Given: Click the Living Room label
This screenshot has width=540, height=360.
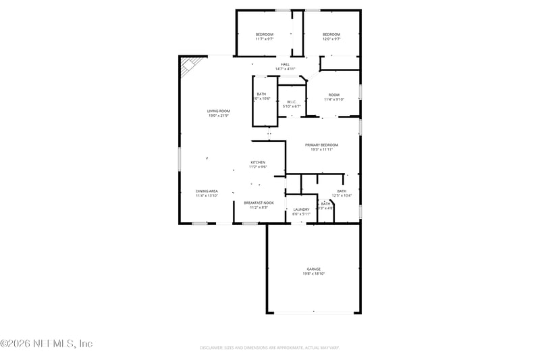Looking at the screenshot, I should click(x=218, y=111).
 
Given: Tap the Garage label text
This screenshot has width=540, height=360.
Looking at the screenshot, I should click(x=313, y=269).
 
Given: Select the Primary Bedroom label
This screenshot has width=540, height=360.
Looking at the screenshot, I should click(x=321, y=145).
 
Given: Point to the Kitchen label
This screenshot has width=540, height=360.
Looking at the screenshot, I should click(x=258, y=162).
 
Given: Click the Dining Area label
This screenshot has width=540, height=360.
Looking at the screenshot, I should click(x=207, y=191).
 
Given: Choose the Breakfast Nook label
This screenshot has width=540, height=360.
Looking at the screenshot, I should click(x=259, y=203).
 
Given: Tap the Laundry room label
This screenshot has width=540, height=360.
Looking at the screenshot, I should click(x=301, y=209).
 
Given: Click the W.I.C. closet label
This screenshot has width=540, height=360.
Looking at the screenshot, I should click(x=292, y=102).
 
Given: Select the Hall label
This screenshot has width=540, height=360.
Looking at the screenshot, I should click(x=285, y=64).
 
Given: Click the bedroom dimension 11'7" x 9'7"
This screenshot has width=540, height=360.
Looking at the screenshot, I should click(x=264, y=39).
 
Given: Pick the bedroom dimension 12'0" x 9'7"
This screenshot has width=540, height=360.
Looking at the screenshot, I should click(x=331, y=39).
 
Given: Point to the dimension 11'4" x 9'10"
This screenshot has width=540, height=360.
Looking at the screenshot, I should click(x=334, y=99).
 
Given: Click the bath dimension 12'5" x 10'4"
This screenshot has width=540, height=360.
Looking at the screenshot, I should click(x=342, y=196).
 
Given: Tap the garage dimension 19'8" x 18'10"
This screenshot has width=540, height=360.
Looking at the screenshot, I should click(x=313, y=274).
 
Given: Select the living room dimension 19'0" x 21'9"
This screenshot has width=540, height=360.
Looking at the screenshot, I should click(x=218, y=115).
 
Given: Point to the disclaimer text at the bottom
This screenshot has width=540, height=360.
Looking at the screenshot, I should click(x=269, y=347).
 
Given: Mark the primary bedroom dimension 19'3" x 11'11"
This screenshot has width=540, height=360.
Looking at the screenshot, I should click(x=321, y=149).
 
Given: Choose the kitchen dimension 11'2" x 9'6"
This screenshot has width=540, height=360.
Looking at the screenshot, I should click(x=258, y=167).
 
